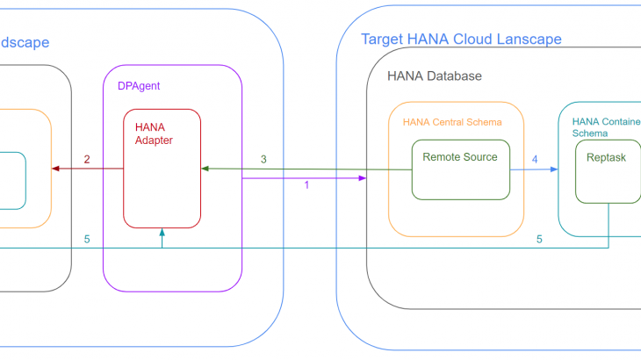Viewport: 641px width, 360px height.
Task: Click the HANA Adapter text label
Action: click(x=154, y=133)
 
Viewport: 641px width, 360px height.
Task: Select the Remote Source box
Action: click(x=461, y=169)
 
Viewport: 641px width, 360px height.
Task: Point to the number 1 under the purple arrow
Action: click(x=306, y=185)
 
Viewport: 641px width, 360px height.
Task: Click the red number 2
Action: click(x=87, y=159)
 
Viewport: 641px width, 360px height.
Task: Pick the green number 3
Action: click(x=263, y=159)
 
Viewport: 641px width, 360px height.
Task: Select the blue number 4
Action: click(x=535, y=159)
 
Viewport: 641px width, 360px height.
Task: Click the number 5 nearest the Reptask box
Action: click(x=539, y=239)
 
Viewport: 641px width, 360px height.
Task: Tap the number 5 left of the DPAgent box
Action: click(x=86, y=239)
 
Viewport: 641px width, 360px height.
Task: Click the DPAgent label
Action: click(x=138, y=86)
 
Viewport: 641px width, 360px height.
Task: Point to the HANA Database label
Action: click(x=435, y=76)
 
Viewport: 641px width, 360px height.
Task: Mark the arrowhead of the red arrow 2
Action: click(x=55, y=169)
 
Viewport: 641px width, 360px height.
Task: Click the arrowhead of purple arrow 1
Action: click(x=363, y=178)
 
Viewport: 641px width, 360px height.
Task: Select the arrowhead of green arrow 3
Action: click(x=205, y=168)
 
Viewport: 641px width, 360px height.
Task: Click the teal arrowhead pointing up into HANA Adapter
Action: click(x=162, y=232)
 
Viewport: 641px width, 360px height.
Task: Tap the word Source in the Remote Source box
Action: click(x=480, y=157)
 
